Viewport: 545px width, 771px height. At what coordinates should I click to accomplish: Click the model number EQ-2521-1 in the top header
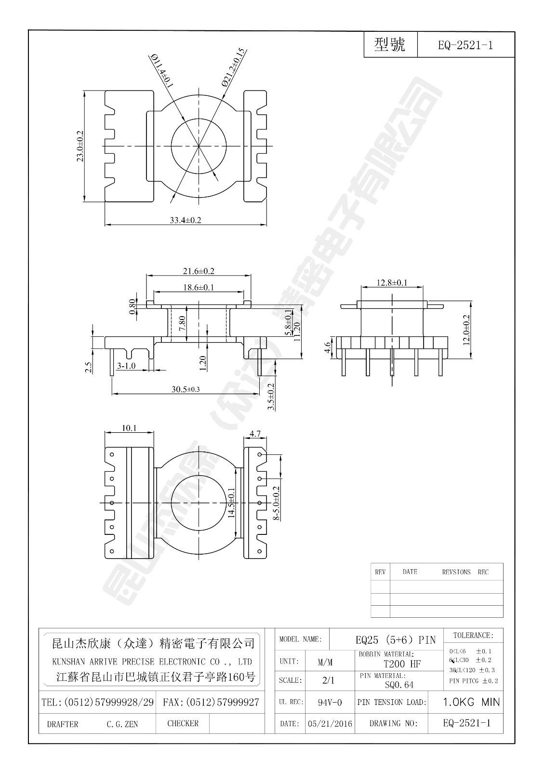[465, 46]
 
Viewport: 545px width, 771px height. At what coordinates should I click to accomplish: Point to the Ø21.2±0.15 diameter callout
[234, 67]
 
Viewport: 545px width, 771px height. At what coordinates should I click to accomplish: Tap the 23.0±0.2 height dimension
[80, 146]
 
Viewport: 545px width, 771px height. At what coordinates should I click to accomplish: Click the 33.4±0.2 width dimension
[186, 220]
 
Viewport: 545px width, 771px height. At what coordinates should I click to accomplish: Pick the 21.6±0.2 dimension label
[198, 271]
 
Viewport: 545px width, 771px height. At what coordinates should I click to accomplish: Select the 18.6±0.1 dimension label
[198, 287]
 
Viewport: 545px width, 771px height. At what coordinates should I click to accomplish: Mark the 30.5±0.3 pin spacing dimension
[186, 389]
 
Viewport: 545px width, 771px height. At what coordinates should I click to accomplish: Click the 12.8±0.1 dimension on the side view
[392, 283]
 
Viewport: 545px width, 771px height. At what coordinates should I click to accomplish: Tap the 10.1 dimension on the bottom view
[129, 428]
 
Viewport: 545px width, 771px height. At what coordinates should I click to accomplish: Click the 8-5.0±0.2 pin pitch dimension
[276, 503]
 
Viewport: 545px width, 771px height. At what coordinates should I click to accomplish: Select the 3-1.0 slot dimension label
[126, 366]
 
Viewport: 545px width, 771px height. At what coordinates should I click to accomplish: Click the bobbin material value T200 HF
[402, 664]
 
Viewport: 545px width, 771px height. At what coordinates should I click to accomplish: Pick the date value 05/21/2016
[330, 724]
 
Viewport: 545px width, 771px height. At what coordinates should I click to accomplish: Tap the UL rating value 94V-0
[330, 703]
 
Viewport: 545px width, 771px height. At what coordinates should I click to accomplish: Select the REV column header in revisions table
[380, 572]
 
